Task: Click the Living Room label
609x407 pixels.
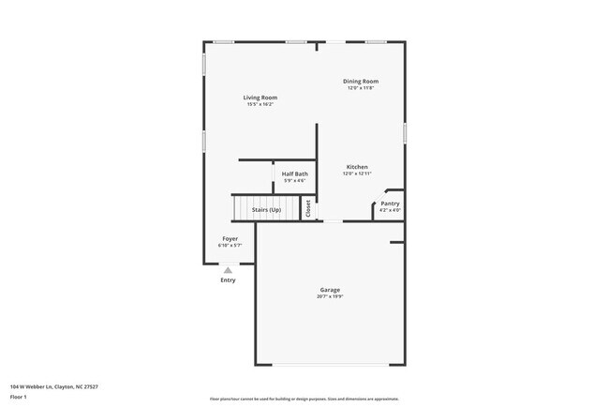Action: [260, 98]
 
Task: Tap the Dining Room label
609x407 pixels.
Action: [361, 82]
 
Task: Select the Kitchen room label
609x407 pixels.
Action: [357, 167]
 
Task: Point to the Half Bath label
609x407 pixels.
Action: [295, 173]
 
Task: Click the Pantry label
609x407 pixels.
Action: [390, 203]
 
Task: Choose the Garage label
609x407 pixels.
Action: [329, 290]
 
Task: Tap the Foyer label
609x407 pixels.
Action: [230, 238]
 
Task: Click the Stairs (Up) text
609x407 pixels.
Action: [262, 209]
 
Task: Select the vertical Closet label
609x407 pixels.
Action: [308, 208]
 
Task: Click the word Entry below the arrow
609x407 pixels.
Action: [228, 279]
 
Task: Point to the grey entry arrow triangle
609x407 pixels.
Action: [228, 269]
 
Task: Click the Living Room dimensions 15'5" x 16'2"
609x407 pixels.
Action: [260, 104]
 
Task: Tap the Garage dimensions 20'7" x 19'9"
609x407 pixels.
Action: [329, 297]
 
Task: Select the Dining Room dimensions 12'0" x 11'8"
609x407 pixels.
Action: [361, 88]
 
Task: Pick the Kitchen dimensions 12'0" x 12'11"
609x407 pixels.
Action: [357, 173]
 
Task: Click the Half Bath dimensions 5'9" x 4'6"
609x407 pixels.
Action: [295, 180]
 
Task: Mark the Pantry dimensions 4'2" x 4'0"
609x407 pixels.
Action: [390, 210]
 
